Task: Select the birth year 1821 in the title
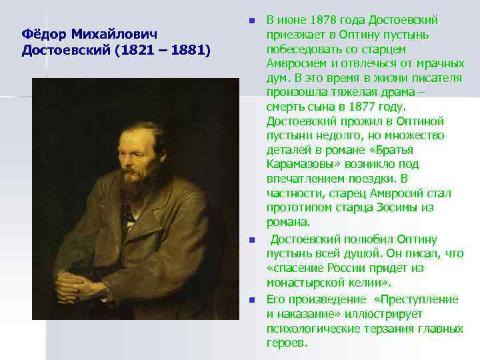(134, 50)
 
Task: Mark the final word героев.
(286, 343)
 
